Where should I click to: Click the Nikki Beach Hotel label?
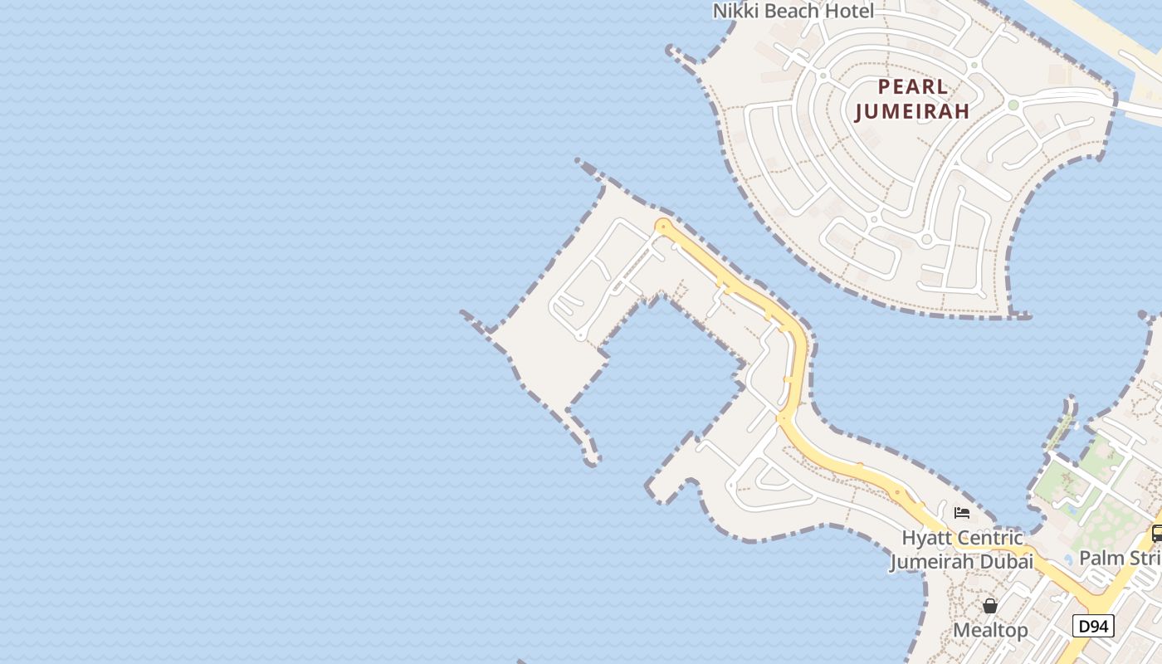(793, 11)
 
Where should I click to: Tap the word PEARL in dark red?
(912, 87)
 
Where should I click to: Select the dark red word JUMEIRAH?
(912, 111)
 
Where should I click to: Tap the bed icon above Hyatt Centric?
(962, 513)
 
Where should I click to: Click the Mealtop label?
(990, 630)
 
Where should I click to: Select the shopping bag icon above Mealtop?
(990, 606)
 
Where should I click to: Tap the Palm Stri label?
(1120, 557)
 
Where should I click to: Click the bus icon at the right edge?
(1156, 534)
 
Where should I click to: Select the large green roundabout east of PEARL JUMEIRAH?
(1013, 105)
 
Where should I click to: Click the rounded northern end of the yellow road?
(662, 226)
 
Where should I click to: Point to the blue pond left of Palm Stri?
(1068, 559)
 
